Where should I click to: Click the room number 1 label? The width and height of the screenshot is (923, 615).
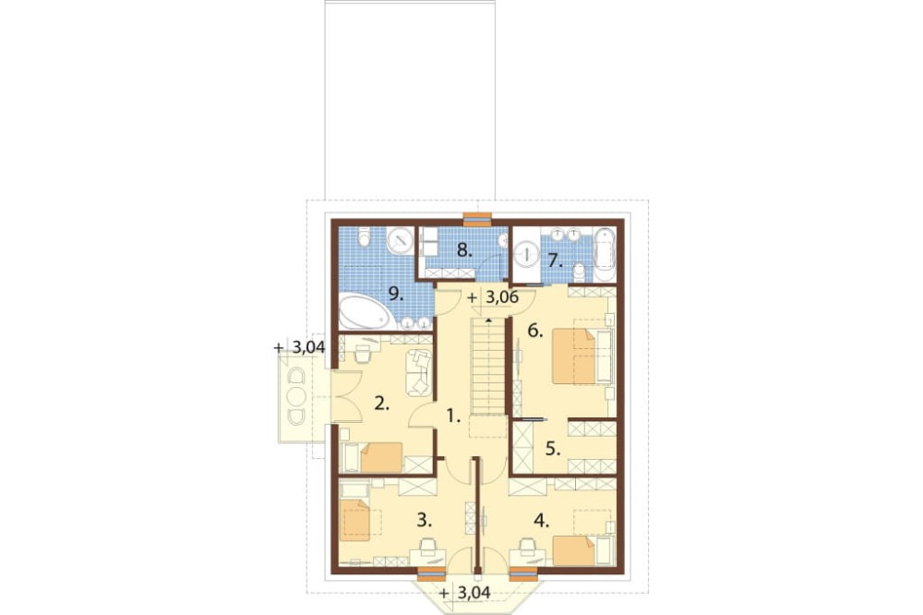coord(452,417)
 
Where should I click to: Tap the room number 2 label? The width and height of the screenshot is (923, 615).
coord(382,404)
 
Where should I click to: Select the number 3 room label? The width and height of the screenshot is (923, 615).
coord(425,520)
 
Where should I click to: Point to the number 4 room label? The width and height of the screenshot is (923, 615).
coord(542,520)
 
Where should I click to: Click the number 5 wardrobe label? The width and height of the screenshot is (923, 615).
coord(552,449)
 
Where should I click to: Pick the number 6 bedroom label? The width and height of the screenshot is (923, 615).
coord(534,332)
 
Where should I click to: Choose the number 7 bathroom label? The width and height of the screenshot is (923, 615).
coord(555,260)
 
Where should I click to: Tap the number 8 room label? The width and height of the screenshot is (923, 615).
coord(465,250)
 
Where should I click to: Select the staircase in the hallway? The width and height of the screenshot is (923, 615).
coord(488,367)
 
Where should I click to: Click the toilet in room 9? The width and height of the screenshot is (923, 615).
coord(363,236)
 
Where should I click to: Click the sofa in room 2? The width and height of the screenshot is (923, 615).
coord(419,373)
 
